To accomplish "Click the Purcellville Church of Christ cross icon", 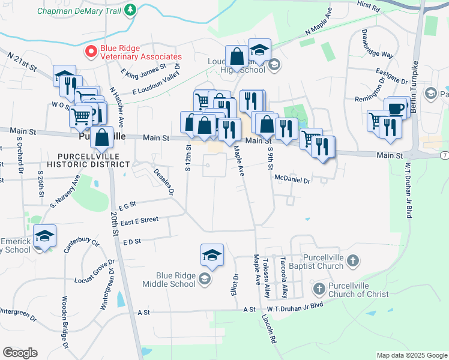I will [319, 289].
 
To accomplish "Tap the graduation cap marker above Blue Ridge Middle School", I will [212, 256].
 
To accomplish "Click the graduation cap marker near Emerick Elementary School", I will [44, 237].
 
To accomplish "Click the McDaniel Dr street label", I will [292, 179].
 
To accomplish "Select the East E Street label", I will [139, 221].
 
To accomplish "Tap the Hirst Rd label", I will [368, 7].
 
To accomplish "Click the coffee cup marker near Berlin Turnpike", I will [396, 109].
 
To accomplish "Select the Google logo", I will [20, 353].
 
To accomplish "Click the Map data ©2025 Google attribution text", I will [411, 355].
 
